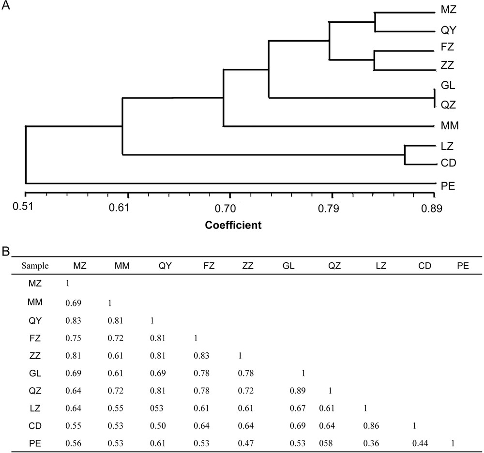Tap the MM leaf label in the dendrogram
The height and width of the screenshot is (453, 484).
click(450, 126)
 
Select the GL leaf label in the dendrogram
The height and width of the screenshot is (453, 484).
click(447, 86)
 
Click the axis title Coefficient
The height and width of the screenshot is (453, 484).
click(233, 225)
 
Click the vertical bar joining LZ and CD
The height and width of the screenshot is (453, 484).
click(405, 154)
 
